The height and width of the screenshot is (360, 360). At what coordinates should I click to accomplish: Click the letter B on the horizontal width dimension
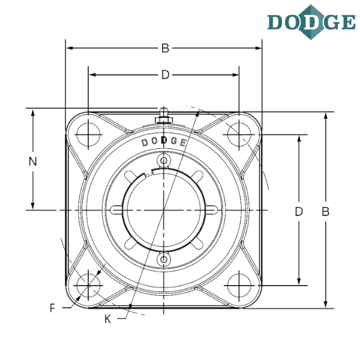pos(164,48)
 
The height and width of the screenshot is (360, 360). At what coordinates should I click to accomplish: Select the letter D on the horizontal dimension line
pos(164,74)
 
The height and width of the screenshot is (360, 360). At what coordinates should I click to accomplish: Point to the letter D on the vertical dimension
pos(298,211)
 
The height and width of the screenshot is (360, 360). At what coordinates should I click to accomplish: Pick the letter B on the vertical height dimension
pos(325,211)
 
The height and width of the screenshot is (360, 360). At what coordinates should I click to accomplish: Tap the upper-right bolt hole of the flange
pos(239,134)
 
